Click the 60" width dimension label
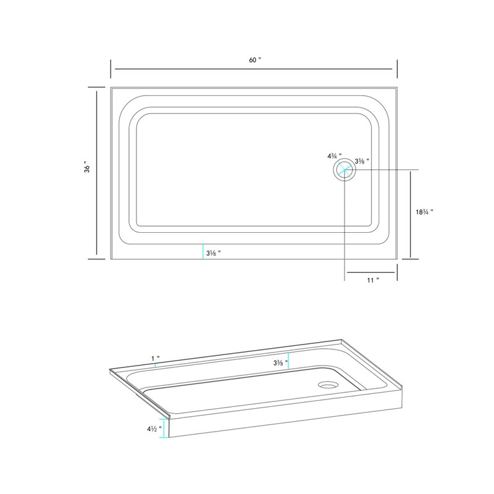(x=255, y=60)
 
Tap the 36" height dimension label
(x=87, y=169)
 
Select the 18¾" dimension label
(x=424, y=212)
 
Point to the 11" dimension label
(x=373, y=280)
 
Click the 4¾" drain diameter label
(x=334, y=156)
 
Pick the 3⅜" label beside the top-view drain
(x=362, y=161)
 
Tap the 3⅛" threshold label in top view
(x=213, y=253)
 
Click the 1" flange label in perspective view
(x=156, y=359)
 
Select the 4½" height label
(x=154, y=429)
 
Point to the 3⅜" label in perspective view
(x=281, y=363)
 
